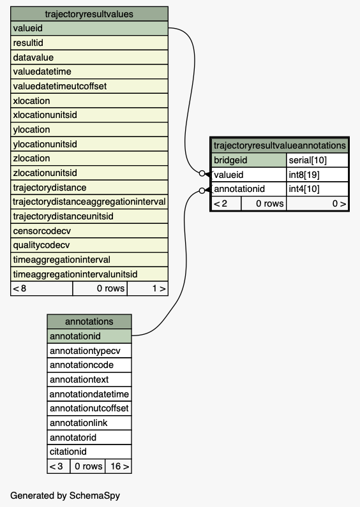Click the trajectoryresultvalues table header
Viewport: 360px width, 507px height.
89,14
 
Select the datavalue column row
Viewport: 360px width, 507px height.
89,57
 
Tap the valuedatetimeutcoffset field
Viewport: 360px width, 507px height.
89,86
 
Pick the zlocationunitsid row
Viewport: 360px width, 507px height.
89,173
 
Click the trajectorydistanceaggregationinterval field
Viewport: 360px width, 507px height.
89,202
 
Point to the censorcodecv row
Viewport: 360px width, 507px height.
89,231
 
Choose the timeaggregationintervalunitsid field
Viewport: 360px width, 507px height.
89,274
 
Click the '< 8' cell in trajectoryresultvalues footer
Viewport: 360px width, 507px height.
41,288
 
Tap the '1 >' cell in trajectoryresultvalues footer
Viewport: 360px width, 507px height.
147,288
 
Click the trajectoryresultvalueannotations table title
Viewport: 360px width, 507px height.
280,145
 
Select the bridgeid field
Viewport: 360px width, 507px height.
249,160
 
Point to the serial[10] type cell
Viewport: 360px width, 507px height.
317,160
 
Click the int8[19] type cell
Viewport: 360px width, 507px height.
317,175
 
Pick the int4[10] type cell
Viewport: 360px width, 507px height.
317,189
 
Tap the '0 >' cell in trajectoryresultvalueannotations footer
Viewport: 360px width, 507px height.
317,203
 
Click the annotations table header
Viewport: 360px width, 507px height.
89,321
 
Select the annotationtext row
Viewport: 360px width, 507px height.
89,379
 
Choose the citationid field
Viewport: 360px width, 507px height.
89,452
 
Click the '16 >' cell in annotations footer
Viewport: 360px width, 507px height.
118,466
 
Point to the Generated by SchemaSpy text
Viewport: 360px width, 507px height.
65,496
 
